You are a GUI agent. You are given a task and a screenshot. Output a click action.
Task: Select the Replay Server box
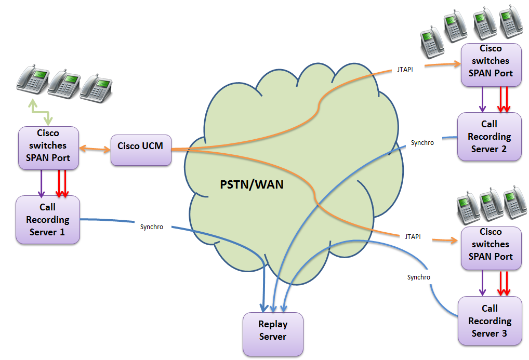[273, 330]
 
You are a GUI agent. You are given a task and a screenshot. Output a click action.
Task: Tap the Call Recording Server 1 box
[47, 220]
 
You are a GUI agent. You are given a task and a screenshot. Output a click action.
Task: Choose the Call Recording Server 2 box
[489, 137]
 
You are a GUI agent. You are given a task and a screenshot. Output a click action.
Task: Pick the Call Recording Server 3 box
[489, 321]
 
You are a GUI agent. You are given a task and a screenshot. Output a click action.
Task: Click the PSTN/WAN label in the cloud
[251, 184]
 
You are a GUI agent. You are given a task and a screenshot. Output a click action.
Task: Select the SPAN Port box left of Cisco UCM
[48, 148]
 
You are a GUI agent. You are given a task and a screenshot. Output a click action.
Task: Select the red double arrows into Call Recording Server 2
[503, 99]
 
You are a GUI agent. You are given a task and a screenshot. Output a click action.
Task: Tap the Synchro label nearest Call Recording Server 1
[152, 226]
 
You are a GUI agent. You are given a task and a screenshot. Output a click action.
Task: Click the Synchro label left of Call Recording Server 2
[422, 142]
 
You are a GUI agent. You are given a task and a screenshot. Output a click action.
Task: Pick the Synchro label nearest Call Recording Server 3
[418, 277]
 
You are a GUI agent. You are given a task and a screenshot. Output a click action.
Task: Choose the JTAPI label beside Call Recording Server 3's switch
[413, 236]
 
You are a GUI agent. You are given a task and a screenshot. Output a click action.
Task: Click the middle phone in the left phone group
[64, 82]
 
